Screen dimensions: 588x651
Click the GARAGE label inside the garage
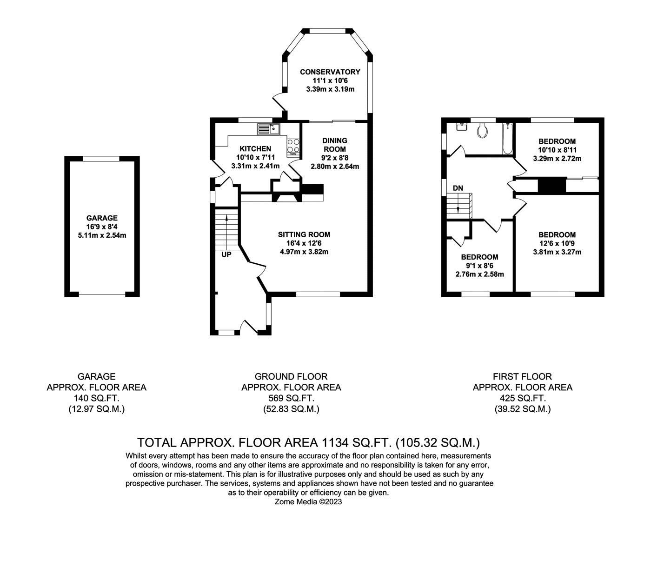click(102, 218)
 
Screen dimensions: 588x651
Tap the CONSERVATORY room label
click(330, 72)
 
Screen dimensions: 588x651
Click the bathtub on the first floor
click(507, 138)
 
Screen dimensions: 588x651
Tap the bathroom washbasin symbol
click(461, 126)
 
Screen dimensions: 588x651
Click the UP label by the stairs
click(226, 254)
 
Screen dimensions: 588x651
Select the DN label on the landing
click(458, 188)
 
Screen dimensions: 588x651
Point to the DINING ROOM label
click(335, 145)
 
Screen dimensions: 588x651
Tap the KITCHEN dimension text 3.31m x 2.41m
click(255, 166)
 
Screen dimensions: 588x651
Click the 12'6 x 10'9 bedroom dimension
click(557, 244)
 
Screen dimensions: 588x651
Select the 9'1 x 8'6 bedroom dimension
click(479, 266)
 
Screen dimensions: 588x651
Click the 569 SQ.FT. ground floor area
click(291, 398)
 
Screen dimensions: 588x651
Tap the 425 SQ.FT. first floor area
click(522, 398)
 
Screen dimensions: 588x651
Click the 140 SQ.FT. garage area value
click(96, 398)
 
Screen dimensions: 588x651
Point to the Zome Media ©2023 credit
click(308, 502)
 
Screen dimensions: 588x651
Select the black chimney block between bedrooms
click(551, 185)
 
